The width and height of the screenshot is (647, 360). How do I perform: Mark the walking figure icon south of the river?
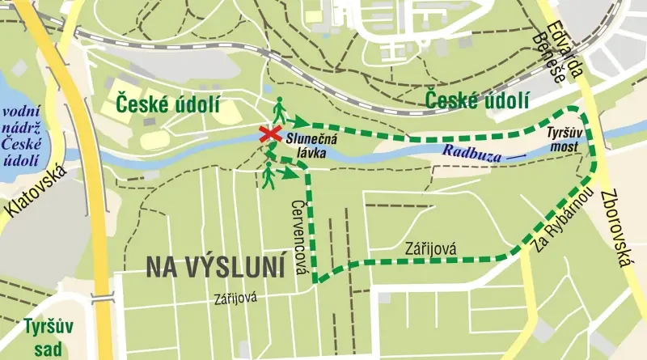(x=268, y=174)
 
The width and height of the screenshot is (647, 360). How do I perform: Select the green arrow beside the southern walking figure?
(x=287, y=172)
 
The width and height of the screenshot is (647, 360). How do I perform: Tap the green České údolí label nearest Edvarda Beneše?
(x=479, y=100)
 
